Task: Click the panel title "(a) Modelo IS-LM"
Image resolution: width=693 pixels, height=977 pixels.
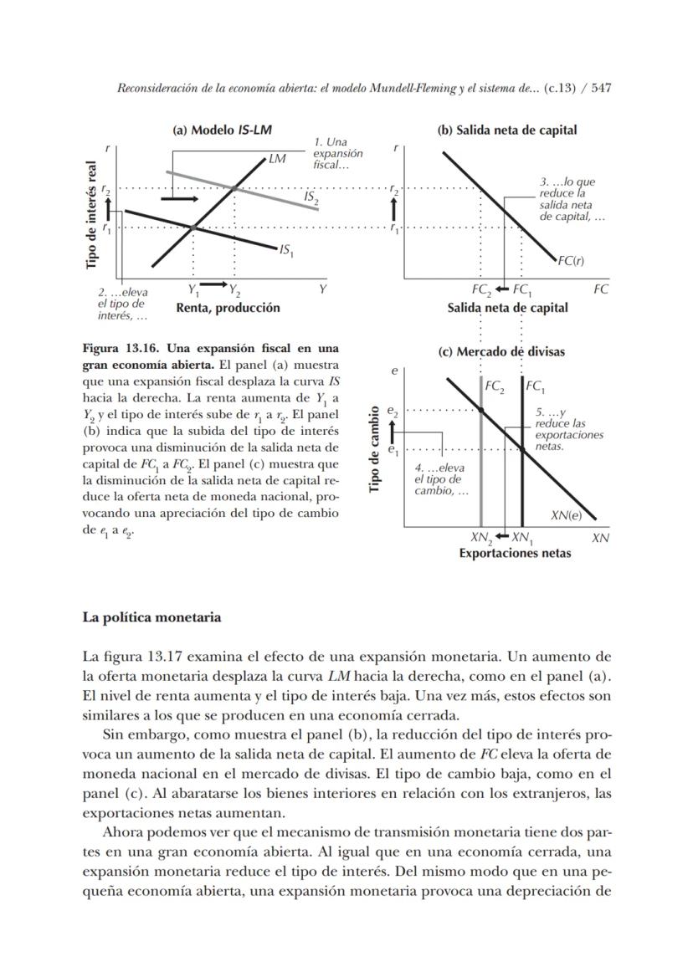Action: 222,130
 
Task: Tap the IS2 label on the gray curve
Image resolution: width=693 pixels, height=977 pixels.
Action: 311,197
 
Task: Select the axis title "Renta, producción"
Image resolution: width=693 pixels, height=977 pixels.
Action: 228,308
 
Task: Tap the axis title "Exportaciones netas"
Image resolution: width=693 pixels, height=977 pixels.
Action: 515,553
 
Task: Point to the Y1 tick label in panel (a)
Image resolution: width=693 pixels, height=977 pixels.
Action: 193,291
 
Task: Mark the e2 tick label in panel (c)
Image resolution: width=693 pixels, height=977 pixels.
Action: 393,411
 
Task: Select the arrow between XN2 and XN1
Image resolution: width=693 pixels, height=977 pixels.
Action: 502,536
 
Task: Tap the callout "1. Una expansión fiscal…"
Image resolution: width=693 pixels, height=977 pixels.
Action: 337,153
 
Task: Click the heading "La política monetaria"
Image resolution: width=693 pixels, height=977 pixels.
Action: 151,617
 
